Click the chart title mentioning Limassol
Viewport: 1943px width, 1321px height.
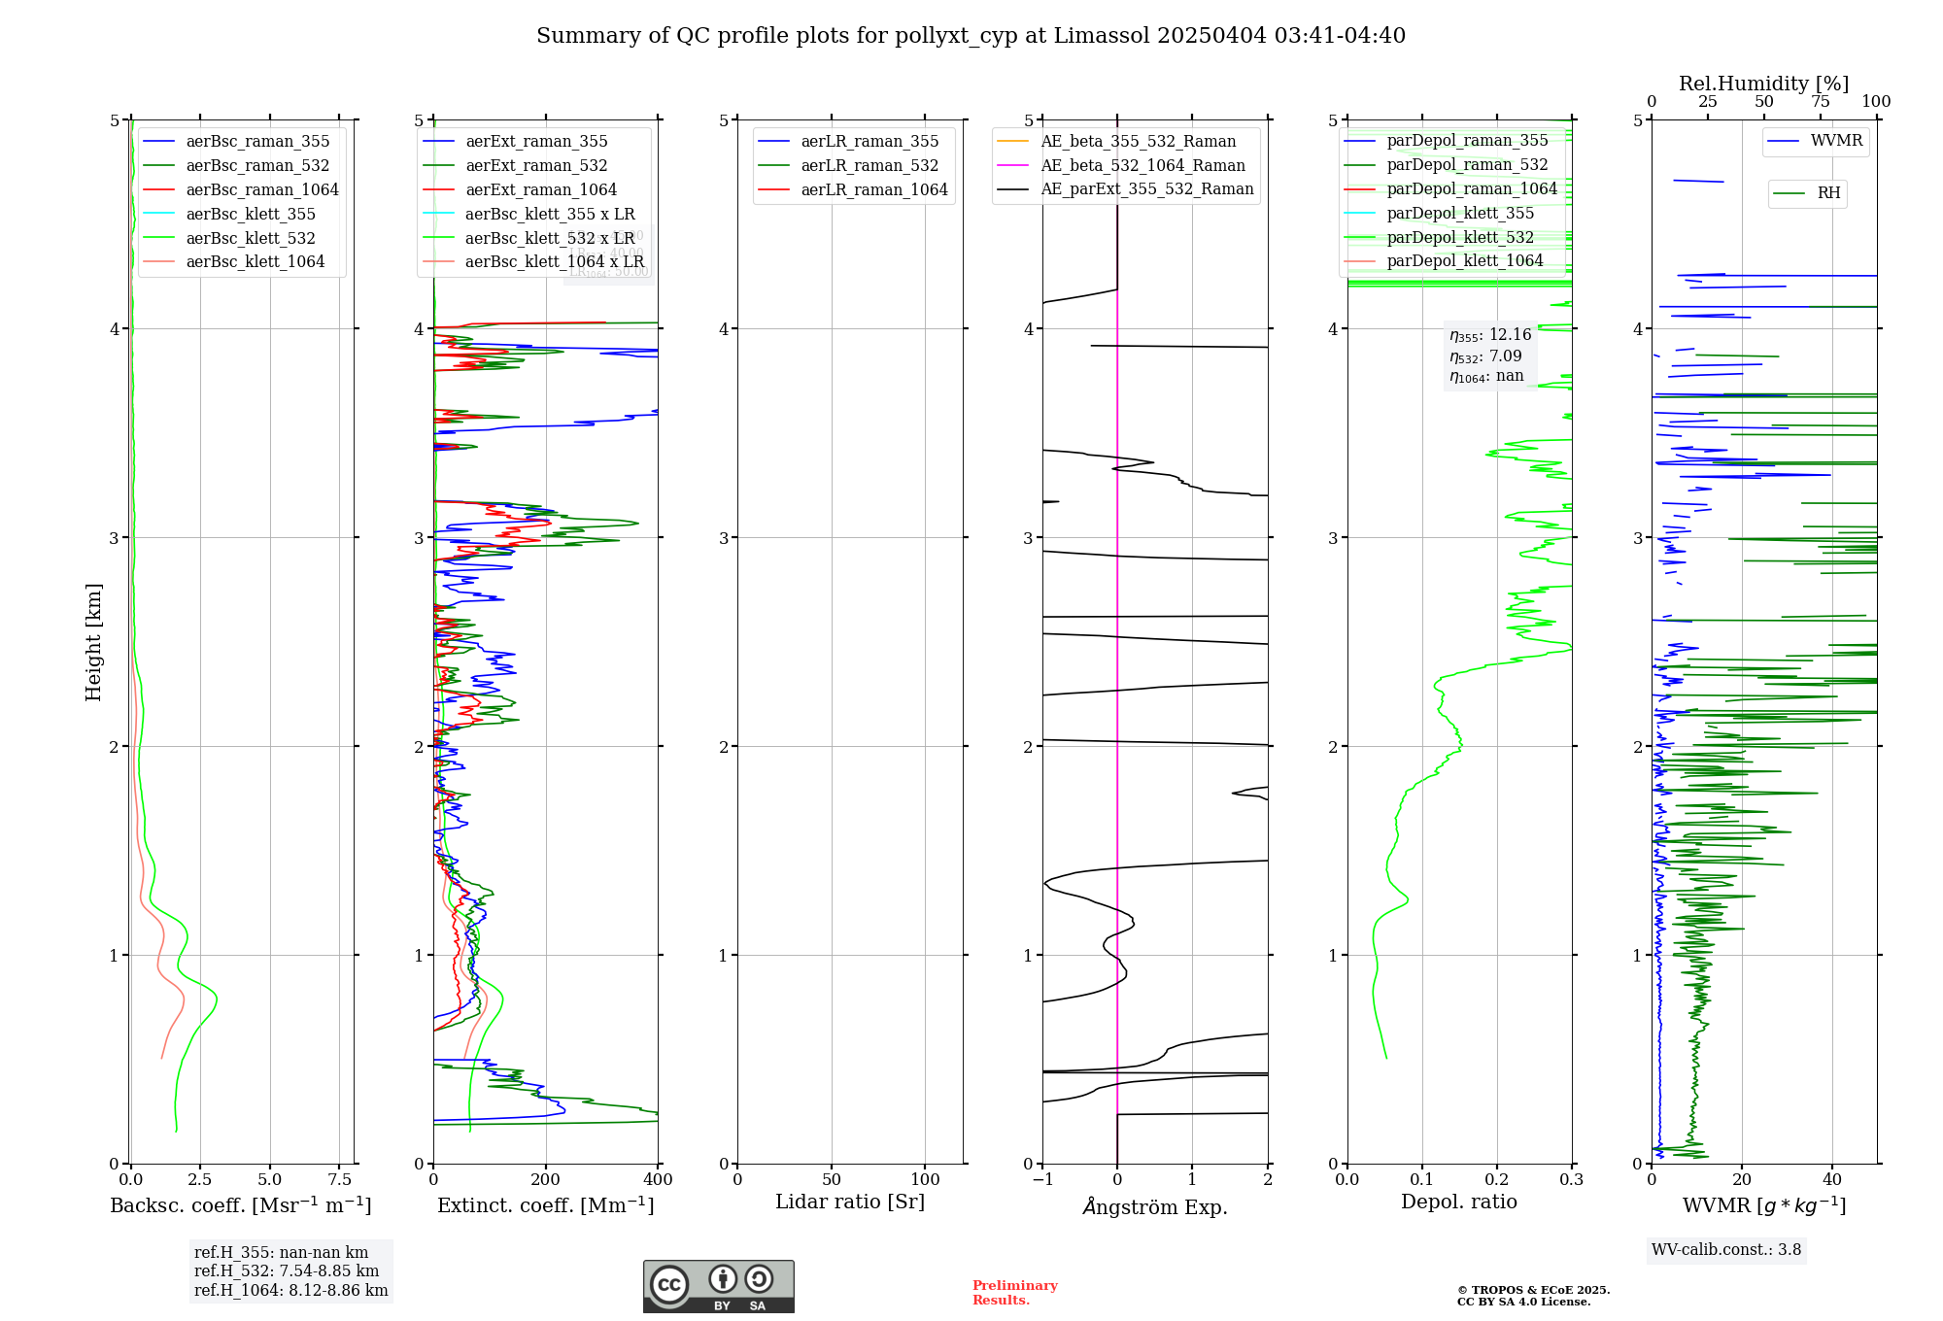tap(971, 36)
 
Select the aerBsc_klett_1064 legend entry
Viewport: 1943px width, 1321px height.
tap(255, 262)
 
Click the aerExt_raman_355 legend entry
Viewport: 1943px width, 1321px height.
tap(535, 142)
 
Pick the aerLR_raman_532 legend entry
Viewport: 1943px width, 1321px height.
tap(869, 166)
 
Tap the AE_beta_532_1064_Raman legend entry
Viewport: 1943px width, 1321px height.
tap(1142, 166)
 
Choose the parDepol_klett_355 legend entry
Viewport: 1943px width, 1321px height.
tap(1459, 214)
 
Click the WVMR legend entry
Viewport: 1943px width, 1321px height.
tap(1835, 141)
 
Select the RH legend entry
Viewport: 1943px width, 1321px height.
tap(1827, 193)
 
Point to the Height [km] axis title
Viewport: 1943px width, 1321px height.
tap(93, 642)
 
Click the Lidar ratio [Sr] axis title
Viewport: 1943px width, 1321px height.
tap(849, 1202)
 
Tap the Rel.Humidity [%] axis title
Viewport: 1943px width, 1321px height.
tap(1763, 84)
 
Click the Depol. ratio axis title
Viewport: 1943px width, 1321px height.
tap(1458, 1202)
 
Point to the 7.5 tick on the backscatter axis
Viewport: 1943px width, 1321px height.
tap(339, 1180)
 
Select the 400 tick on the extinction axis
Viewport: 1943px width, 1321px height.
tap(658, 1180)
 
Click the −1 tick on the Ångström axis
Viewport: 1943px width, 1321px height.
tap(1042, 1180)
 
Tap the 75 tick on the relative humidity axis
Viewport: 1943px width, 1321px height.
tap(1820, 102)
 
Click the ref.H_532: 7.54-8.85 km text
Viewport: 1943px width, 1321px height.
tap(287, 1271)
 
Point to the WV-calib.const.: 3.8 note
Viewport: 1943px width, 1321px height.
tap(1725, 1250)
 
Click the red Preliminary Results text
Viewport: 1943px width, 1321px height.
tap(1014, 1293)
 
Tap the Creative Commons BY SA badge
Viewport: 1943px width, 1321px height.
tap(718, 1287)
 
